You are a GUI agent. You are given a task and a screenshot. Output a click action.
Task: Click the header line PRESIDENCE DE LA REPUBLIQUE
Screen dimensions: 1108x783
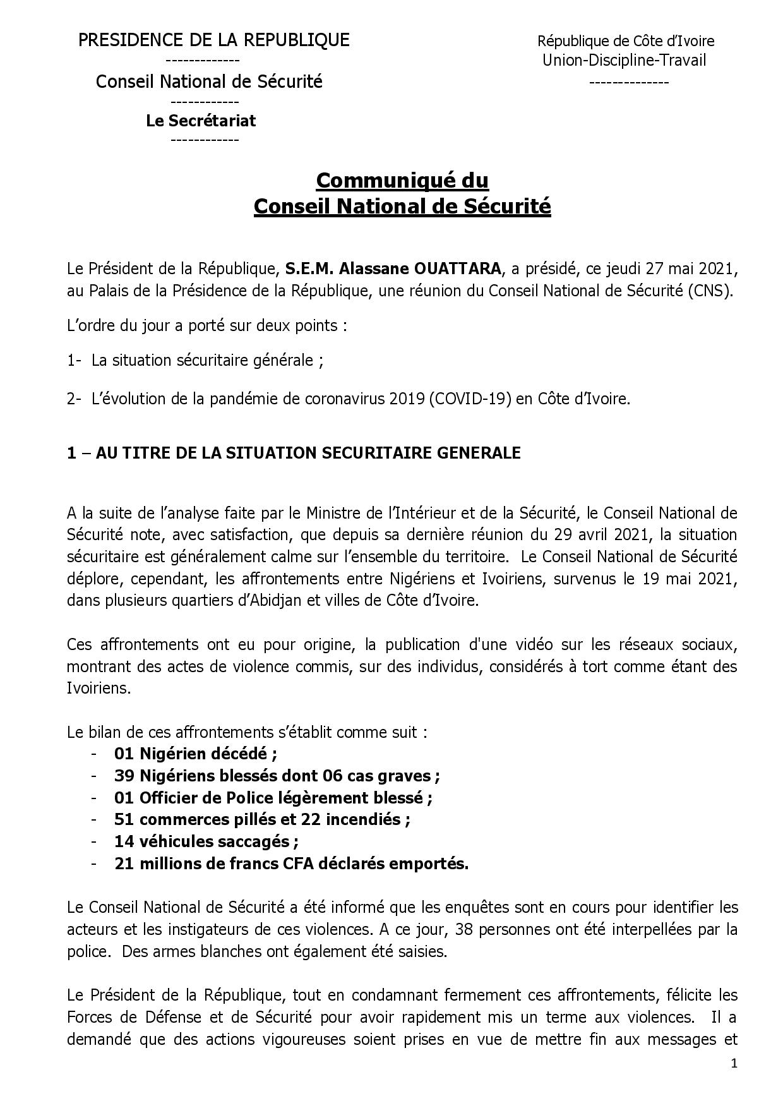(213, 40)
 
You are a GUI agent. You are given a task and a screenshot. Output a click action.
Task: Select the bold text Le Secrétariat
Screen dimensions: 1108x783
(201, 121)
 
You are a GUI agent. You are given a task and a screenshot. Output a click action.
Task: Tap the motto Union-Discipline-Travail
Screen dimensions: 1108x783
(624, 61)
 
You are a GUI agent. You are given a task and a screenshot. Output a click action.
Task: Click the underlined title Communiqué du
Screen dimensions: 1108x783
(402, 181)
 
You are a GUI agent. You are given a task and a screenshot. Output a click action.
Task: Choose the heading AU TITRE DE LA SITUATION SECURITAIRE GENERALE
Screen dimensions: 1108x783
(308, 453)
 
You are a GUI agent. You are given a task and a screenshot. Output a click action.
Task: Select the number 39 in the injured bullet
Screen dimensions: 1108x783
(124, 776)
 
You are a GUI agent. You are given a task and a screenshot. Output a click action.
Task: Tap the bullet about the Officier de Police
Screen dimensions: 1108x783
(273, 798)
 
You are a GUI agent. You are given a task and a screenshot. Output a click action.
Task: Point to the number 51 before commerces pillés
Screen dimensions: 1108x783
(124, 820)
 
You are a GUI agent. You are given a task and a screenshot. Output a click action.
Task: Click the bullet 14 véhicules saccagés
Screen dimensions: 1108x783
(206, 842)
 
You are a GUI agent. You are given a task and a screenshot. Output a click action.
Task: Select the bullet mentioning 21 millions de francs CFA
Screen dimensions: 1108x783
(291, 864)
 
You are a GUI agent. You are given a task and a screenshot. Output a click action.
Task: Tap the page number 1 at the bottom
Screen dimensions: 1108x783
(734, 1064)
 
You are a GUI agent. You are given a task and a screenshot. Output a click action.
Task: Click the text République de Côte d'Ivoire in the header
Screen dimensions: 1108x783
(626, 42)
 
